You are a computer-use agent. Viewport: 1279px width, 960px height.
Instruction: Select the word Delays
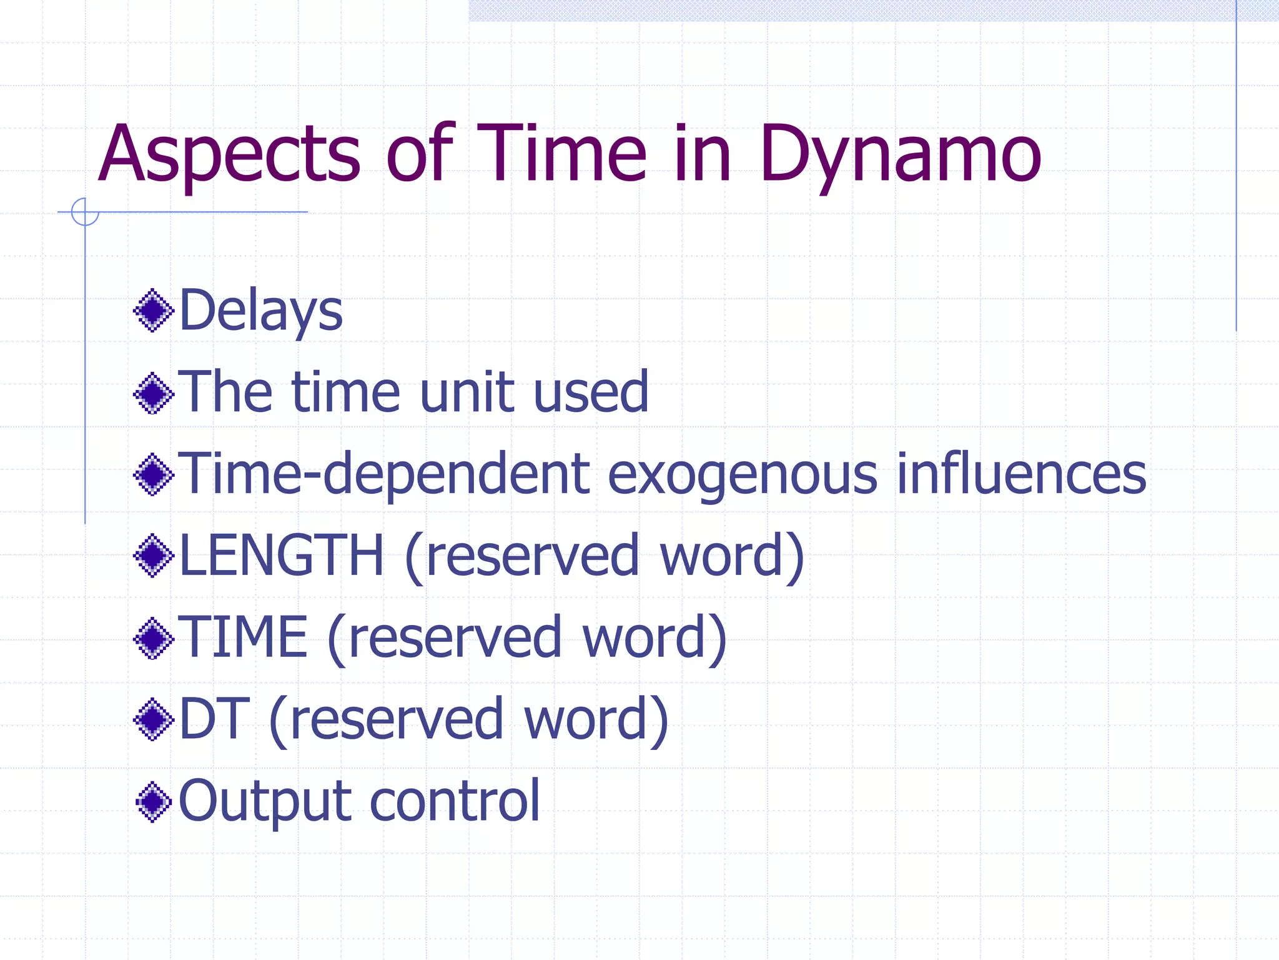260,311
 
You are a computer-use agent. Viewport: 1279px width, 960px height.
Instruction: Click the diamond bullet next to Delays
153,311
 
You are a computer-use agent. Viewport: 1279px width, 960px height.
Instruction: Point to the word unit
465,392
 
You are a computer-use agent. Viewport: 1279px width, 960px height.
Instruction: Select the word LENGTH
281,556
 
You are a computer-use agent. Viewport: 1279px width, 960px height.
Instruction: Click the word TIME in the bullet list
243,637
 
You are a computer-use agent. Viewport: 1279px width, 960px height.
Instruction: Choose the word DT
214,719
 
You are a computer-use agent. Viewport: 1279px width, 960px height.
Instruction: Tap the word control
455,801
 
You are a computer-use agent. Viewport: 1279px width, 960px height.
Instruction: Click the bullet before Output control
153,802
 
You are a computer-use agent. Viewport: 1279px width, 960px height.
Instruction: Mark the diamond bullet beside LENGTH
153,556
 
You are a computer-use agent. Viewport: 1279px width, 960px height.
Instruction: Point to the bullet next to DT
153,719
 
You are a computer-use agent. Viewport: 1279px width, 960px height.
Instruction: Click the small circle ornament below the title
85,212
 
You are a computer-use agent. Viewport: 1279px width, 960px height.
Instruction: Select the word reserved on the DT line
397,719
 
